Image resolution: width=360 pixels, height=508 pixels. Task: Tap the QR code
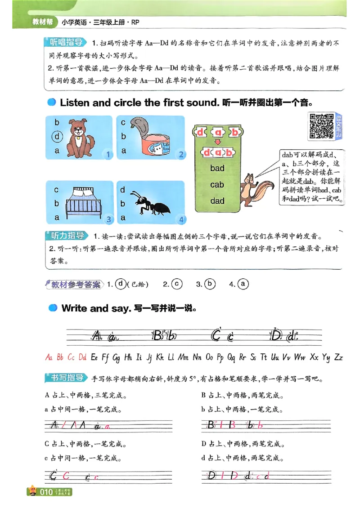(x=321, y=125)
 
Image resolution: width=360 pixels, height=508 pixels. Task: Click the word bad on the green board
(x=217, y=169)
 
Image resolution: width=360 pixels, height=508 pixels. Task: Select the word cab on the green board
(x=217, y=185)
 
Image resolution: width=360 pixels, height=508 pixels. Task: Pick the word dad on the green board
(x=217, y=201)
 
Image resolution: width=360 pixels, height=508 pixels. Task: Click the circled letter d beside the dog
(x=57, y=136)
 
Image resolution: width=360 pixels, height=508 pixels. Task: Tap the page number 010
(x=47, y=492)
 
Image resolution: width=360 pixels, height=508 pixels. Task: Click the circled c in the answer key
(x=177, y=284)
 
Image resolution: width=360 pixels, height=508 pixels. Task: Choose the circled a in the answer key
(x=243, y=284)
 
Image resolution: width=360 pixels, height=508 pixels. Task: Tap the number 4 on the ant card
(x=181, y=219)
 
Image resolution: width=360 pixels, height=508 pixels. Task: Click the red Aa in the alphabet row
(x=49, y=357)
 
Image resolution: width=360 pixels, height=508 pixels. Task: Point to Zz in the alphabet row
(x=338, y=357)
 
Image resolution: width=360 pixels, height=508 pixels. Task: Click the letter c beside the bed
(x=57, y=190)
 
